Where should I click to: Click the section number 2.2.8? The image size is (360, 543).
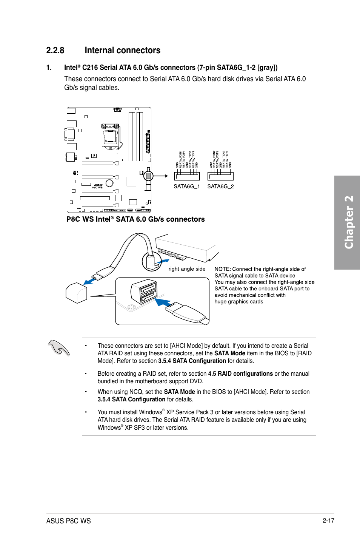point(55,51)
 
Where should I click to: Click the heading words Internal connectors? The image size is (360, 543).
point(122,51)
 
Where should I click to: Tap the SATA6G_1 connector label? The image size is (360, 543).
point(186,186)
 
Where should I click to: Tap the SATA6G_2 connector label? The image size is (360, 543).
point(220,186)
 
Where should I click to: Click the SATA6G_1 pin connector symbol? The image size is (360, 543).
point(187,176)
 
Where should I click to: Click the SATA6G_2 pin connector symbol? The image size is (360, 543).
point(220,176)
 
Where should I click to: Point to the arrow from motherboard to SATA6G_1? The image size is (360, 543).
point(161,176)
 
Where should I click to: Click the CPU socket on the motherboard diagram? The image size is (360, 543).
point(110,136)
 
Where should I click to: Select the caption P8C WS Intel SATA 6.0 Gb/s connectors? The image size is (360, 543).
point(135,219)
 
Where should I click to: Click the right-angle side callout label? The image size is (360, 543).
point(187,269)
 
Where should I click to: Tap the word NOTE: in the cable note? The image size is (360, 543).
point(222,269)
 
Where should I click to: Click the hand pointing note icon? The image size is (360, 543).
point(59,347)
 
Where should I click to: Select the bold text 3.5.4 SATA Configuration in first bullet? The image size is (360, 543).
point(192,361)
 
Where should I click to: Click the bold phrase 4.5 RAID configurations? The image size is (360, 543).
point(240,374)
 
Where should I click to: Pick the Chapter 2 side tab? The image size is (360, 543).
point(348,222)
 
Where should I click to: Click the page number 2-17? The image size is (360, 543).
point(328,520)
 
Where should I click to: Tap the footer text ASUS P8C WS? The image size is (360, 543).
point(68,521)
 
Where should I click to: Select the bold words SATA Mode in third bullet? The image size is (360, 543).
point(179,392)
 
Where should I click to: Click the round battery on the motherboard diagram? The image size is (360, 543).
point(109,183)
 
